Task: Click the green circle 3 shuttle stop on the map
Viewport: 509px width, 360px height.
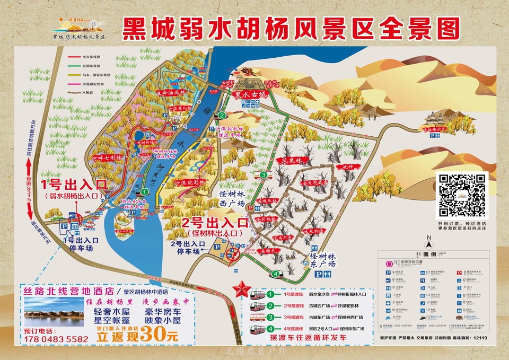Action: tap(264, 175)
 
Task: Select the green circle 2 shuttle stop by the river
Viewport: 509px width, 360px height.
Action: tap(223, 115)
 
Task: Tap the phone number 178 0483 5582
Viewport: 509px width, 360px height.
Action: tap(56, 338)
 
